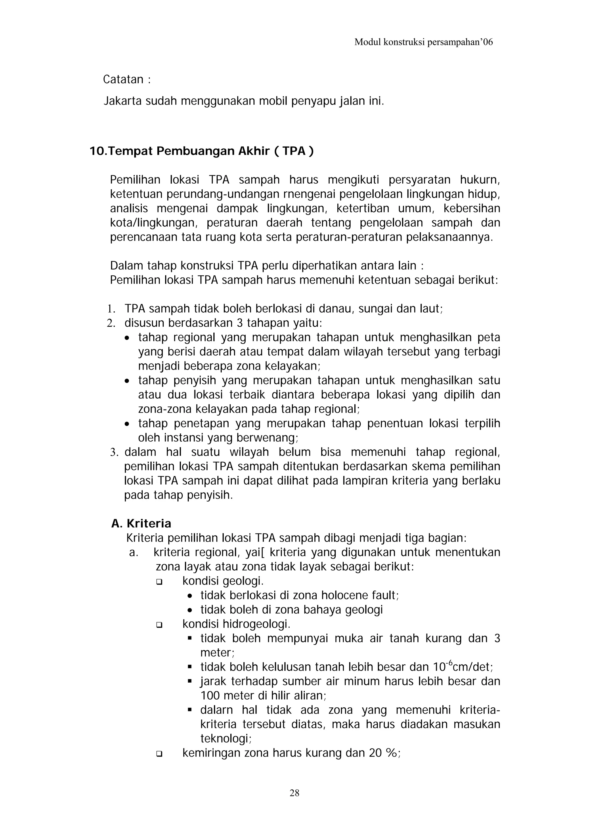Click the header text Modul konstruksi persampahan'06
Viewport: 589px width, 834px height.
tap(424, 43)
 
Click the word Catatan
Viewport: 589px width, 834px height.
tap(123, 79)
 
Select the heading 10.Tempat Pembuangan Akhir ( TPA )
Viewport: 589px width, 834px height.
tap(201, 151)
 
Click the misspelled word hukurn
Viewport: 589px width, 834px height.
tap(480, 180)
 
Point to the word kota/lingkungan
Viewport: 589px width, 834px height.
tap(154, 223)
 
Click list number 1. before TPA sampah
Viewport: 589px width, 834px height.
tap(111, 309)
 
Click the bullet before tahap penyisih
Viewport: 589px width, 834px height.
tap(126, 381)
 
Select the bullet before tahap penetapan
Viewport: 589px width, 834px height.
tap(126, 424)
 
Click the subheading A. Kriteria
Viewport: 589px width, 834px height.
tap(141, 523)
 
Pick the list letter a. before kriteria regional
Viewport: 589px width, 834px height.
tap(133, 553)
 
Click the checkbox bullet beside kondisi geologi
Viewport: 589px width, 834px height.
tap(159, 582)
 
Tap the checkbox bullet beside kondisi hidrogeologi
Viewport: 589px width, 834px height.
tap(159, 625)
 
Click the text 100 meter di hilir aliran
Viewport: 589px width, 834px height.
tap(263, 696)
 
